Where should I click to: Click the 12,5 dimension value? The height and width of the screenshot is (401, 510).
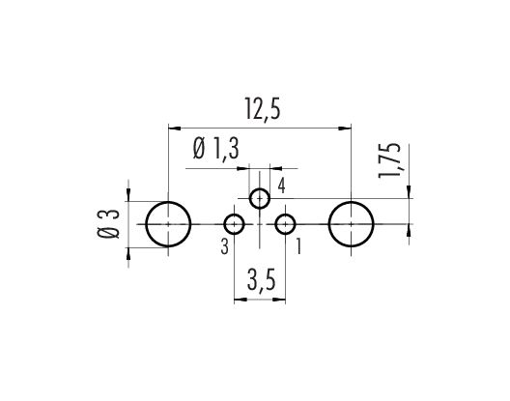coord(263,111)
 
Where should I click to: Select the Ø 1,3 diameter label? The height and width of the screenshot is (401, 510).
coord(216,150)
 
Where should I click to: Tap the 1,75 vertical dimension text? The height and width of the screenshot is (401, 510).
coord(389,160)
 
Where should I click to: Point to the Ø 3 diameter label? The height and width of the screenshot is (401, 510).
coord(109,224)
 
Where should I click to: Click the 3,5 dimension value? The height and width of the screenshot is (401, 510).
coord(261,280)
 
